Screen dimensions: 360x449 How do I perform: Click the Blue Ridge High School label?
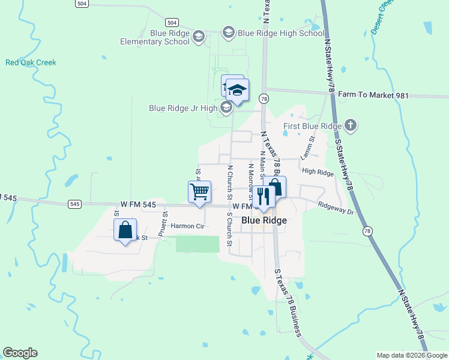(x=281, y=33)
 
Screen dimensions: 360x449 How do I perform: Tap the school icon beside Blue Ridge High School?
(x=228, y=32)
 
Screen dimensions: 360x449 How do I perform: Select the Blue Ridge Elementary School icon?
(x=199, y=38)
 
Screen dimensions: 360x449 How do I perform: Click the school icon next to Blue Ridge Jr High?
(x=226, y=108)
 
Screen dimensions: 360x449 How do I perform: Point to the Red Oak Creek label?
(x=31, y=62)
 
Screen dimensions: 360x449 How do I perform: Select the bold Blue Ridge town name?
(x=264, y=220)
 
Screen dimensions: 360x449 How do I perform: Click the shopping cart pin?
(x=199, y=192)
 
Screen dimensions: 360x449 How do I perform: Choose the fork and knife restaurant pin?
(x=263, y=196)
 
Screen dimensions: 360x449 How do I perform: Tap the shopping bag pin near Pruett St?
(x=125, y=230)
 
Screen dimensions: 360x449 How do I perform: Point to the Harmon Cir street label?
(x=188, y=226)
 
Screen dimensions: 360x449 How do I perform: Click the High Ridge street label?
(x=318, y=172)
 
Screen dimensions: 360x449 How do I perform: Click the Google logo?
(x=20, y=353)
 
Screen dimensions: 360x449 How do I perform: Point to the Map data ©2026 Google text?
(x=411, y=355)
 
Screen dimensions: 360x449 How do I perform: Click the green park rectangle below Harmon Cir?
(x=197, y=244)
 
